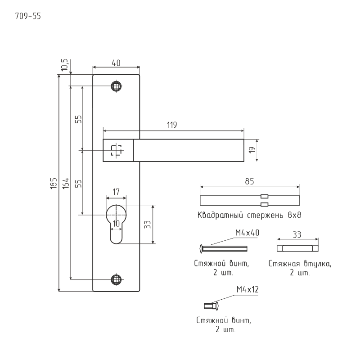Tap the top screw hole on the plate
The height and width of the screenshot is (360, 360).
click(x=117, y=85)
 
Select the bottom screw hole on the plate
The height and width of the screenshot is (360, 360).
click(x=117, y=279)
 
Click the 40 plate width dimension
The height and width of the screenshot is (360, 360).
click(x=116, y=63)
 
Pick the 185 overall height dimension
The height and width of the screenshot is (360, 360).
click(x=53, y=184)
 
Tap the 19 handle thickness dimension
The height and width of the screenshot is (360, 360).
click(x=252, y=150)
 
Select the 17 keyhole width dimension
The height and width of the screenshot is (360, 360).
click(x=116, y=191)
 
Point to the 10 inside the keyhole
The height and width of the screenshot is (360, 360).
click(x=116, y=223)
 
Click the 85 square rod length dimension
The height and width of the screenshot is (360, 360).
click(x=250, y=181)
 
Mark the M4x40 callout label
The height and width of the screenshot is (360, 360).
click(x=247, y=233)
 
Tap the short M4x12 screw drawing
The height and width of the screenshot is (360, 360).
click(x=211, y=306)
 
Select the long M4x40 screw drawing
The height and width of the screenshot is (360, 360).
click(x=223, y=248)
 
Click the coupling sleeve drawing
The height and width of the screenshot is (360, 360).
click(x=297, y=248)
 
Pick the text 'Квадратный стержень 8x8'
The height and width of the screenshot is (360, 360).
click(x=249, y=215)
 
